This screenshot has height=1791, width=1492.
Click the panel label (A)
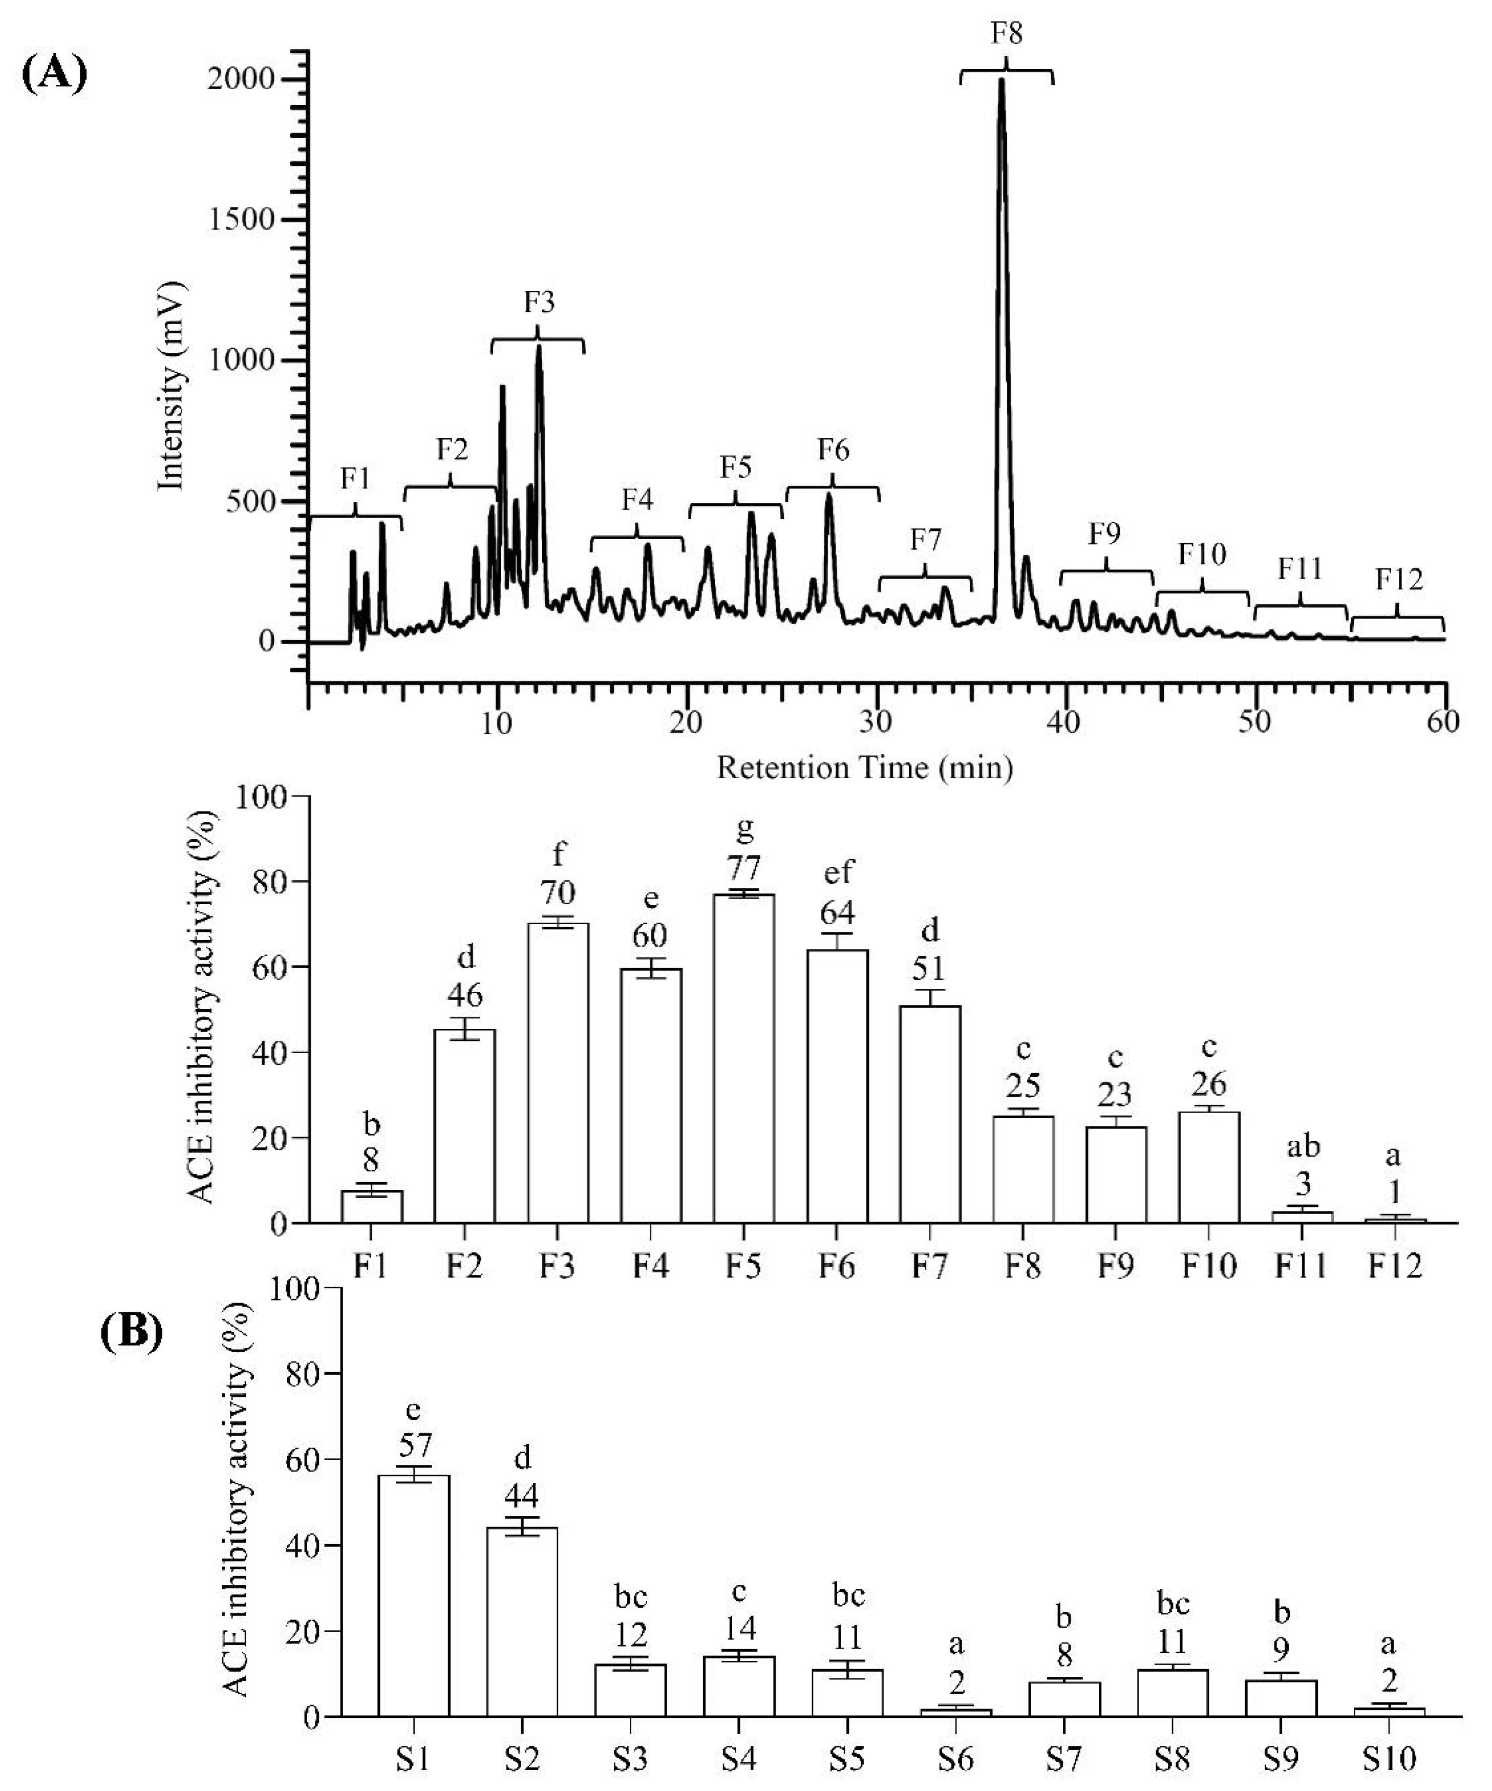point(54,75)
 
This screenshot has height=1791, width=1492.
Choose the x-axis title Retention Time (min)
point(864,769)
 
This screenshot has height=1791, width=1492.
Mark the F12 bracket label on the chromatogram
point(1399,580)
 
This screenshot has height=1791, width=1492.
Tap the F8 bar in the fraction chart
point(1023,1169)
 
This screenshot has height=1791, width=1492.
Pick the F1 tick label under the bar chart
point(370,1267)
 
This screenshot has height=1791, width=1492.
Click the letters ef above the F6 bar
point(838,872)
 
